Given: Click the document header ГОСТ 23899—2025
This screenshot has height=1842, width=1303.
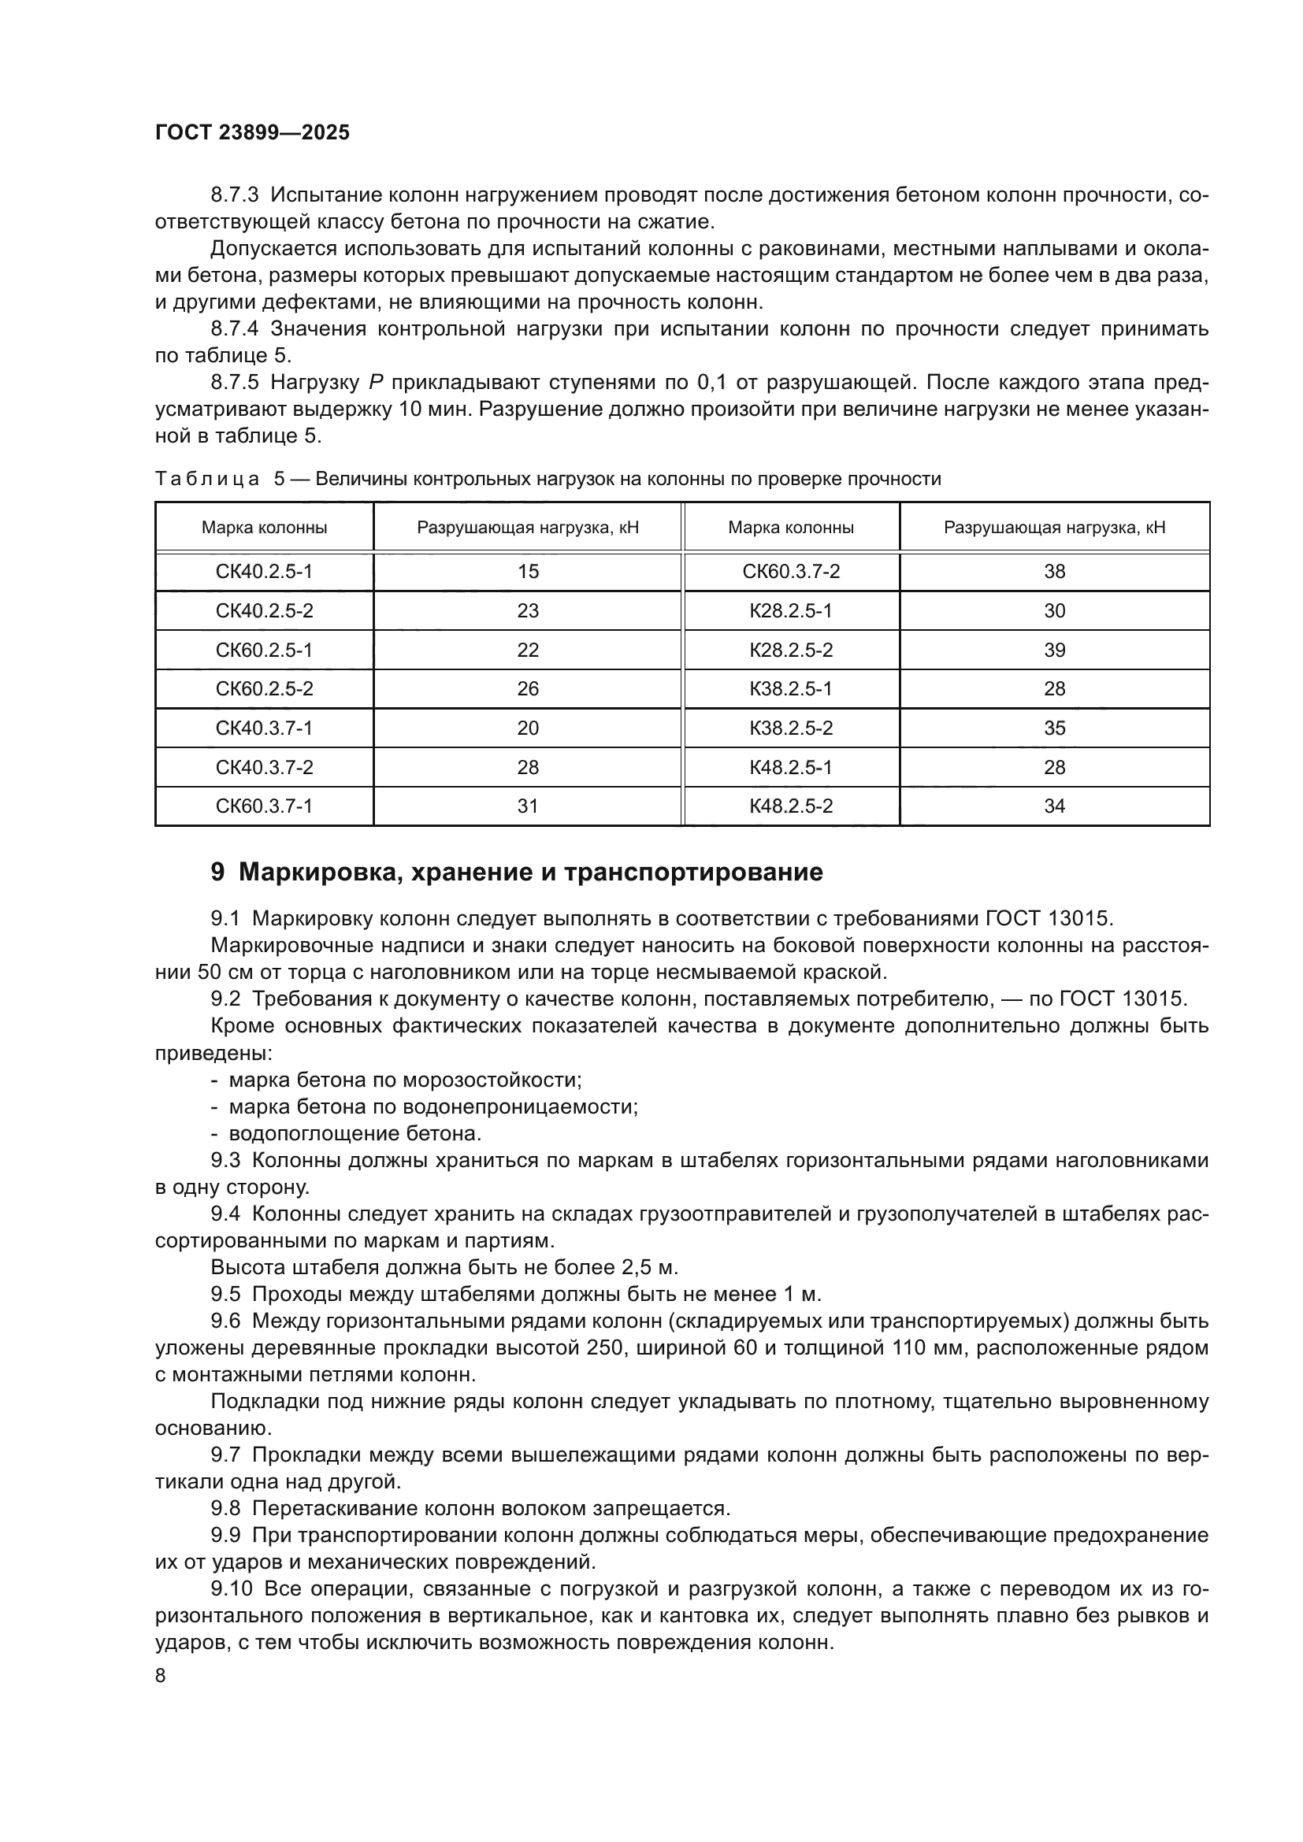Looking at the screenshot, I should [x=252, y=132].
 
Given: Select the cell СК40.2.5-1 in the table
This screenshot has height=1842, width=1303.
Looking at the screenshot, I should [x=264, y=571].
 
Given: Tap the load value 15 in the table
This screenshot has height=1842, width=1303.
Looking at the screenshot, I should [x=527, y=571].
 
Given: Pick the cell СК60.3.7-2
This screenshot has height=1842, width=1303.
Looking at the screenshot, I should [x=790, y=571].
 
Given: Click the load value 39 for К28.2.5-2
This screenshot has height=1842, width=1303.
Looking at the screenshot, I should [x=1053, y=650].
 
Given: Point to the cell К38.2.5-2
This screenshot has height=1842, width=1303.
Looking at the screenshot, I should [x=790, y=728].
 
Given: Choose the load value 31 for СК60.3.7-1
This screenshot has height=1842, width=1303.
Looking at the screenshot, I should [x=527, y=806].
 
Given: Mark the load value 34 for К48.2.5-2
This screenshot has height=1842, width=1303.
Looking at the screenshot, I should [x=1053, y=806].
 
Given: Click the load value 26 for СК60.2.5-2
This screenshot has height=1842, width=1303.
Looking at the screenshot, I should [x=527, y=688].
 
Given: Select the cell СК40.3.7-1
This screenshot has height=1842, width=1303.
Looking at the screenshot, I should [x=264, y=728].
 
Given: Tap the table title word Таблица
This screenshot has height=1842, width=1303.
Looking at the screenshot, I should [x=207, y=479].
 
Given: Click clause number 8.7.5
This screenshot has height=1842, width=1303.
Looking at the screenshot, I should [x=234, y=383].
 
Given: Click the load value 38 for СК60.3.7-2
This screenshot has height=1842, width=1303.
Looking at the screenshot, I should [x=1053, y=571].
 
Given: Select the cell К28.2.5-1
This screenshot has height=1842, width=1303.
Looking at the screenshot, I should [x=790, y=610].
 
